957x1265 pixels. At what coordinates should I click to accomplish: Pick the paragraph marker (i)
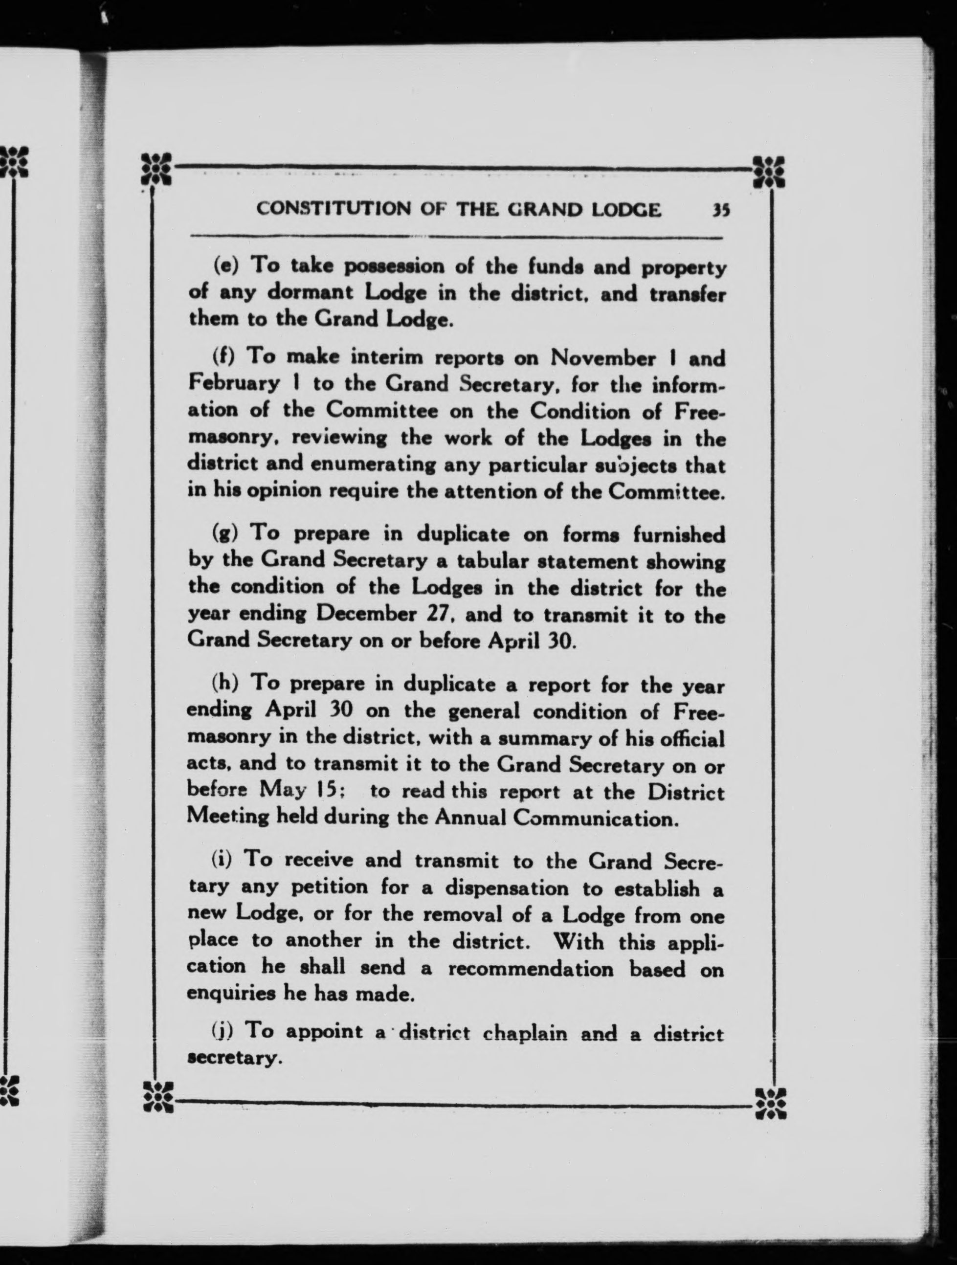(222, 860)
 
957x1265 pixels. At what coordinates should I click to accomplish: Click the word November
(603, 358)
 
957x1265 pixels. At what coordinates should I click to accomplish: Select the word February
(234, 383)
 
